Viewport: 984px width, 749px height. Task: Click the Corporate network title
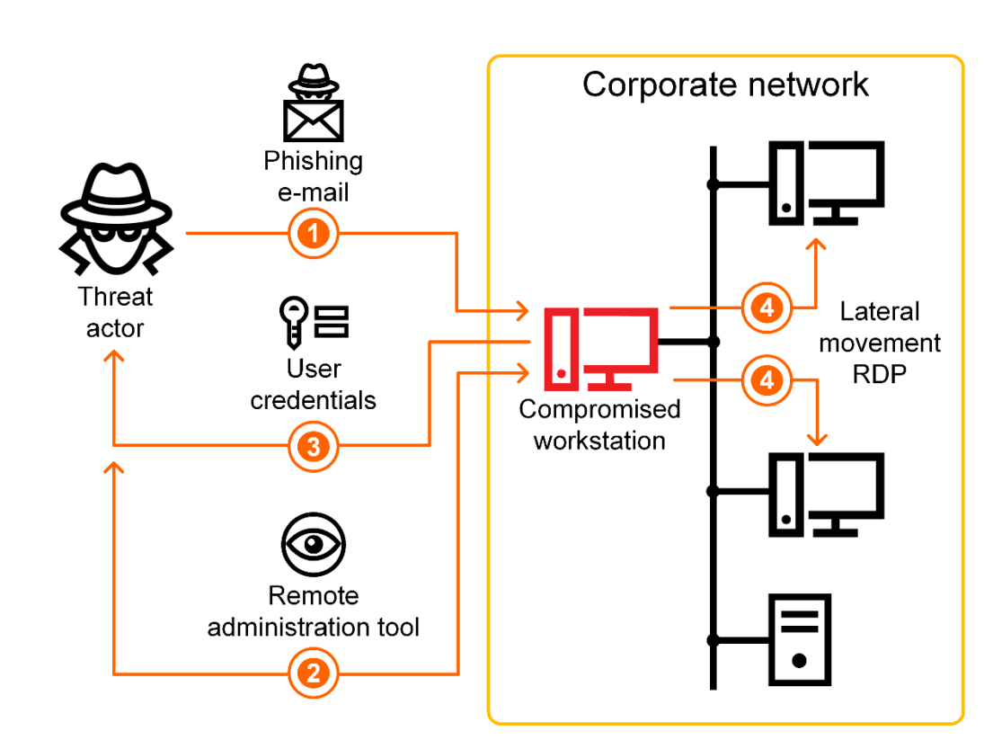[x=725, y=85]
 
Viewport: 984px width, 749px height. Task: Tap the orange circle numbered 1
[x=313, y=234]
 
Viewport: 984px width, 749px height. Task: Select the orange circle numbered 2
[x=313, y=673]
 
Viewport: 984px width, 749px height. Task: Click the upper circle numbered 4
[x=766, y=308]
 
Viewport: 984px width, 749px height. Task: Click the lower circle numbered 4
[x=766, y=380]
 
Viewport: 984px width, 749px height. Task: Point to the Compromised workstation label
[x=599, y=424]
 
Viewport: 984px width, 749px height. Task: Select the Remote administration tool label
[x=314, y=611]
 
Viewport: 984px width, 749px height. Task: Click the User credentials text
[x=314, y=384]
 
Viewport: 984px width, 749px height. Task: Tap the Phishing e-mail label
[x=314, y=176]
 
